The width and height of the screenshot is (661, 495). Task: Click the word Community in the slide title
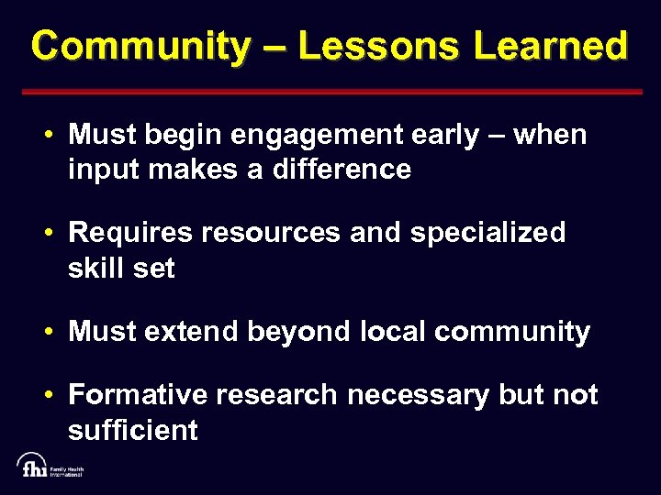[x=139, y=46]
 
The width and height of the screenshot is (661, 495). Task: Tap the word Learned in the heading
[x=551, y=46]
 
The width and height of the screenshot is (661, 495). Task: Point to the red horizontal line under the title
[x=330, y=92]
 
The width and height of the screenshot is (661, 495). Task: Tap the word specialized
[x=487, y=233]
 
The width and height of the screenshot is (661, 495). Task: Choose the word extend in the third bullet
[x=193, y=331]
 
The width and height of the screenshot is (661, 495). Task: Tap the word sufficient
[x=132, y=430]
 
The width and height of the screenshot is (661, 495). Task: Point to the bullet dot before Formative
[x=45, y=396]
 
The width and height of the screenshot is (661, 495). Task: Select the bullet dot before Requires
[x=45, y=234]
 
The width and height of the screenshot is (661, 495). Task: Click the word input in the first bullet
[x=98, y=170]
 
